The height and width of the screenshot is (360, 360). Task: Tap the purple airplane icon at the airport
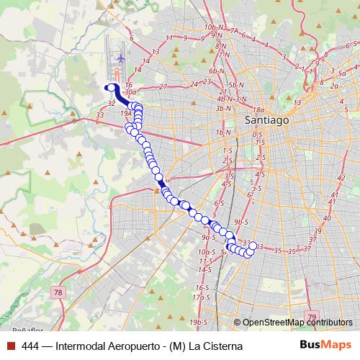[x=120, y=56]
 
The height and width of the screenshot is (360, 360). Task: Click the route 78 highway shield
[x=58, y=292]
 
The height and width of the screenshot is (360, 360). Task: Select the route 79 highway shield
[x=311, y=316]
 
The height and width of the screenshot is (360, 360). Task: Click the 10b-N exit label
[x=212, y=27]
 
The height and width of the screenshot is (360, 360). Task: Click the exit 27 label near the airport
[x=163, y=86]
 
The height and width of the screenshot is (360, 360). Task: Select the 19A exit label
[x=126, y=113]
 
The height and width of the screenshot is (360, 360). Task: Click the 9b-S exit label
[x=241, y=222]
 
